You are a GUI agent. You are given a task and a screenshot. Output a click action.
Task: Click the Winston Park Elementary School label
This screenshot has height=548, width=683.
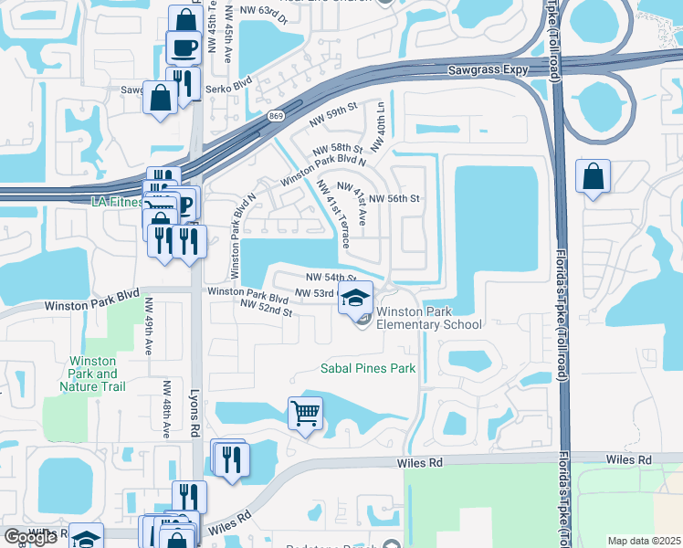(x=428, y=317)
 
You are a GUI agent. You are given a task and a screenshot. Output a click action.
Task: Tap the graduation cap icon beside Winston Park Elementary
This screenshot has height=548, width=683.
(x=356, y=297)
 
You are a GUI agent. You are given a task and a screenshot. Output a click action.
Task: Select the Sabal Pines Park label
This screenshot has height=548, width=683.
(x=367, y=369)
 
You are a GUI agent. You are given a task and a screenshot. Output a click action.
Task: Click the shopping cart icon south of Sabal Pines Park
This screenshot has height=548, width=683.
(x=305, y=412)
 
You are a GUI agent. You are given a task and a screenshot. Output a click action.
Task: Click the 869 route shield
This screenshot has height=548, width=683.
(x=277, y=116)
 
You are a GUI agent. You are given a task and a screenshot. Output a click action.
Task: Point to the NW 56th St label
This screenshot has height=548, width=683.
(x=394, y=197)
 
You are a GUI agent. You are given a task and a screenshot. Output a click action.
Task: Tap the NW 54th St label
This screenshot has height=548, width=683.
(x=330, y=277)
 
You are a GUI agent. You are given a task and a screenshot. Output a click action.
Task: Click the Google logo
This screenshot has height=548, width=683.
(x=30, y=537)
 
